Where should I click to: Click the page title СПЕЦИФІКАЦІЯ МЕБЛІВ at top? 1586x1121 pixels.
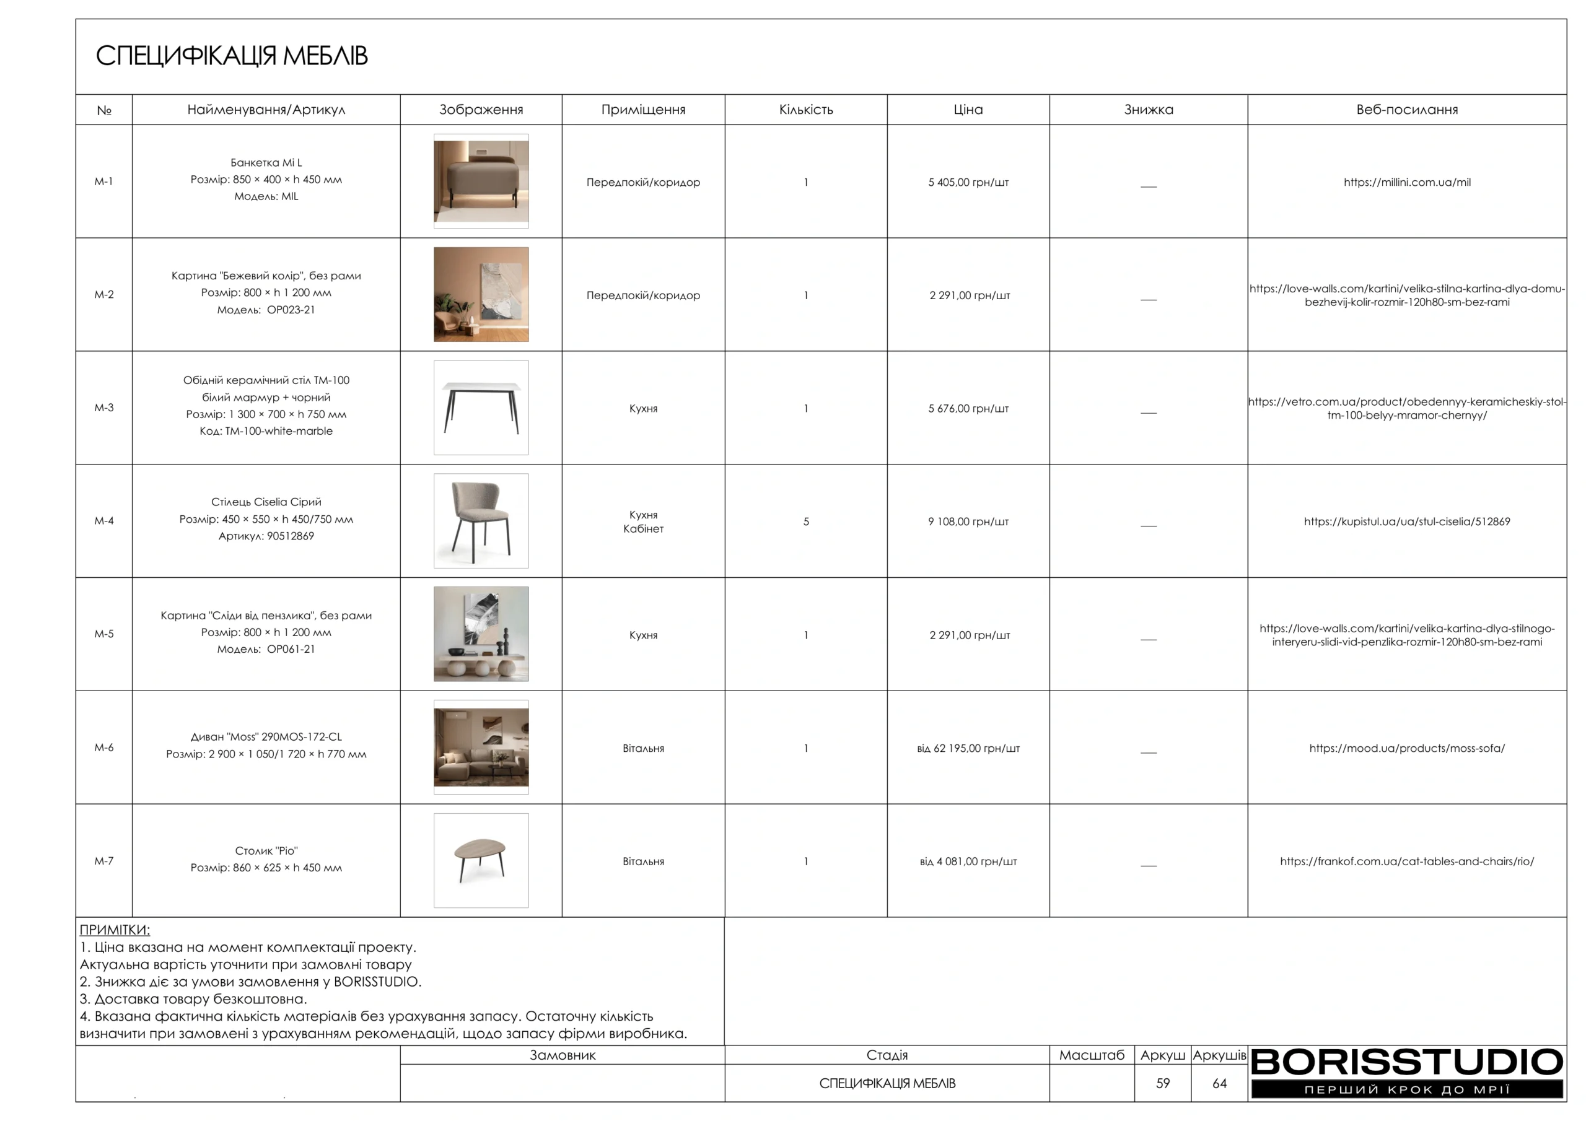(x=232, y=56)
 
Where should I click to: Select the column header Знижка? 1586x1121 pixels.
(x=1148, y=110)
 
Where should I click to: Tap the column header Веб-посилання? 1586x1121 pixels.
(x=1406, y=110)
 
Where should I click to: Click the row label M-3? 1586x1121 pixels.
(x=103, y=408)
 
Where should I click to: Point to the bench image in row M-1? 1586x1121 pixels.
(x=481, y=181)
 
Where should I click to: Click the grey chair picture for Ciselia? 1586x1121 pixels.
(x=481, y=521)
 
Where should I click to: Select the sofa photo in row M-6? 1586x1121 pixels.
(x=481, y=748)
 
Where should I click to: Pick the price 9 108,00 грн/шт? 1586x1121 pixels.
(x=968, y=521)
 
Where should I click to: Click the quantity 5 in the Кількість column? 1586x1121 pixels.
(x=805, y=521)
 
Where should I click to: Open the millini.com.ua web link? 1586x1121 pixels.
(x=1406, y=182)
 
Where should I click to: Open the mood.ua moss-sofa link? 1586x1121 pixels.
(x=1406, y=748)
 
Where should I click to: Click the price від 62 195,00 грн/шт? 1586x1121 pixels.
(x=968, y=748)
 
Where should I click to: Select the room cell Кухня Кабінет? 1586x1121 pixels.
(x=643, y=521)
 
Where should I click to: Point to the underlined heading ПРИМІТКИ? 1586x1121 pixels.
(x=115, y=930)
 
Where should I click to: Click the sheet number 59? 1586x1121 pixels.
(x=1163, y=1083)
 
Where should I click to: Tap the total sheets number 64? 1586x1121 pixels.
(x=1219, y=1083)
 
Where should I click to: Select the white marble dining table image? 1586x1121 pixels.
(x=481, y=408)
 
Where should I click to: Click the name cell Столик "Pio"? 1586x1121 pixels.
(x=266, y=858)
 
